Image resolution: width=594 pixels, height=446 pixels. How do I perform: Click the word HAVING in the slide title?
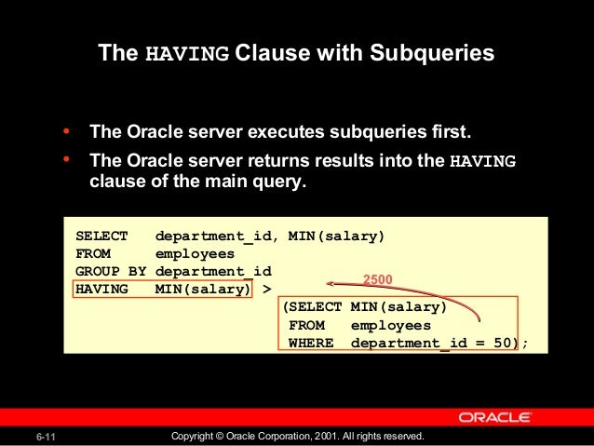coord(186,53)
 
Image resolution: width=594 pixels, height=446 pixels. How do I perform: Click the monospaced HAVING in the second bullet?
coord(482,160)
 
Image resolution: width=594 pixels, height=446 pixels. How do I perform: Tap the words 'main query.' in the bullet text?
coord(253,182)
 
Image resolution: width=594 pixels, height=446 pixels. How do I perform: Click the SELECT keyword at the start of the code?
coord(102,236)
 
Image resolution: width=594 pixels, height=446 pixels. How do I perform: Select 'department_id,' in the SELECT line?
coord(216,236)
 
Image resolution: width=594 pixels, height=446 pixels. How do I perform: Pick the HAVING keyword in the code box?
coord(102,289)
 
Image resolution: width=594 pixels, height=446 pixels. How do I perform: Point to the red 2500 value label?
coord(376,278)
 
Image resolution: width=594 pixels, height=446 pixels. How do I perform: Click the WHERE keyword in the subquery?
coord(310,343)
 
